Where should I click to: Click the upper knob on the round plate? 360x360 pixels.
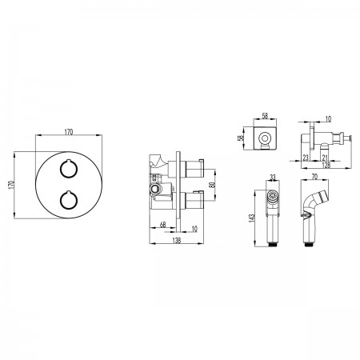click(69, 169)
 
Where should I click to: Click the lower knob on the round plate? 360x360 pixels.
click(69, 200)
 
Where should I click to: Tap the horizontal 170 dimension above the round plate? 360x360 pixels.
click(69, 132)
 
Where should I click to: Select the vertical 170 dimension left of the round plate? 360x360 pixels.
click(11, 185)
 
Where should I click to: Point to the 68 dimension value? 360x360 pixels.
click(162, 225)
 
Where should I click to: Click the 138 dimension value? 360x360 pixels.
click(177, 240)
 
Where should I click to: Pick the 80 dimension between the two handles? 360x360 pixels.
click(212, 185)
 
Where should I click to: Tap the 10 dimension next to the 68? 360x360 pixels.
click(194, 229)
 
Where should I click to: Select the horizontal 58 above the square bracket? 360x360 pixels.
click(265, 116)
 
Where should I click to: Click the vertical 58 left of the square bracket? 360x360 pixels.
click(241, 138)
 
